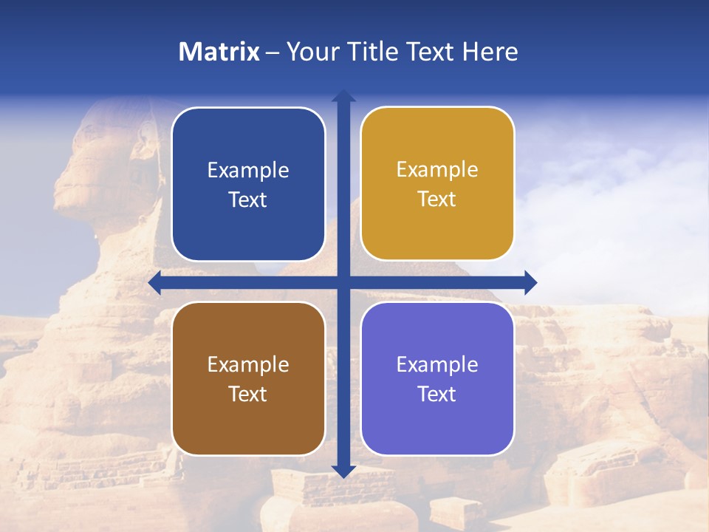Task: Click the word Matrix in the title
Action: point(219,52)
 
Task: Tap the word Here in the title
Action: point(490,52)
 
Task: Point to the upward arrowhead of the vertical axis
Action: point(343,96)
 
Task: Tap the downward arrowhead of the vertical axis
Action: point(343,471)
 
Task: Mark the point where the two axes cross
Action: point(343,282)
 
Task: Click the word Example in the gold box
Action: point(437,170)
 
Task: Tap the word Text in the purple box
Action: point(437,394)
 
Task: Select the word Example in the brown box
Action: point(248,364)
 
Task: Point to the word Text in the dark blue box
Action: point(248,199)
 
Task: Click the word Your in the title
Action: point(311,52)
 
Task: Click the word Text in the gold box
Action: point(437,199)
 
